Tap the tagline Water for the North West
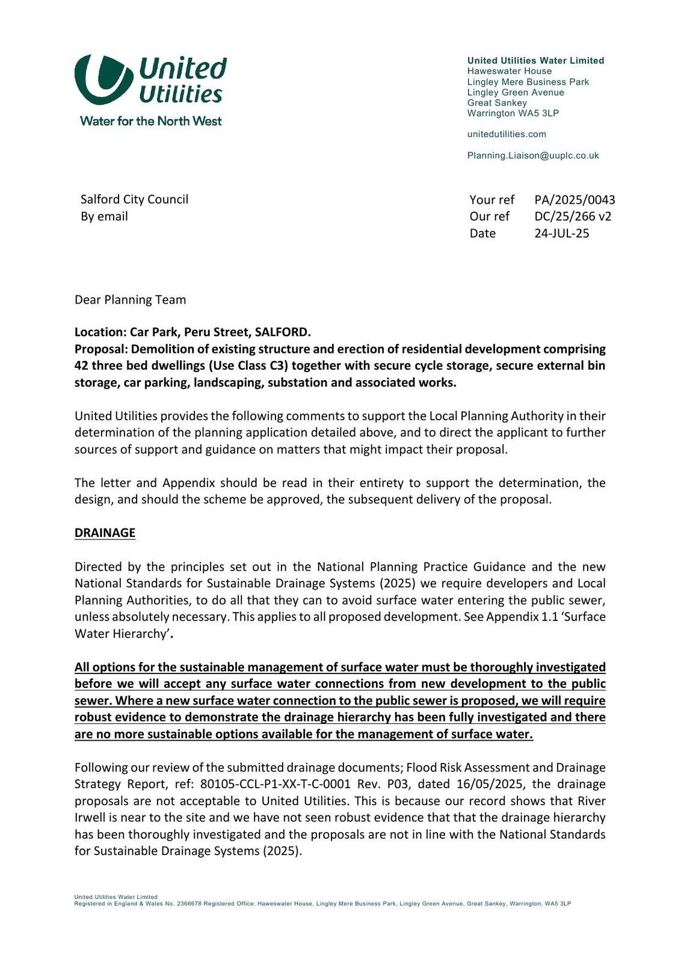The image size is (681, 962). coord(151,121)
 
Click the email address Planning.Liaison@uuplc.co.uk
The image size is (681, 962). coord(533,156)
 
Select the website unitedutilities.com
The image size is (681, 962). coord(507,134)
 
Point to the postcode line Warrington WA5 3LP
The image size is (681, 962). coord(513,113)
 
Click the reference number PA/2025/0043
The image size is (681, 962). coord(575,200)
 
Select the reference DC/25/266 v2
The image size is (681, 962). coord(573,216)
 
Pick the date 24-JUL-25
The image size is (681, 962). coord(562,233)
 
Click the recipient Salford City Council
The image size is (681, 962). coord(134,200)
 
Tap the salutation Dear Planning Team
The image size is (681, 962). coord(130,299)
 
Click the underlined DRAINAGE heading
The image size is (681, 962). coord(105,533)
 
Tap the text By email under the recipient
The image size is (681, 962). coord(104,216)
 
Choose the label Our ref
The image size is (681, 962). coord(489,216)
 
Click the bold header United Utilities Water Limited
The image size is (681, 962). coord(535,61)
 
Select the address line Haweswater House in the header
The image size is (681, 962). coord(509,71)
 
